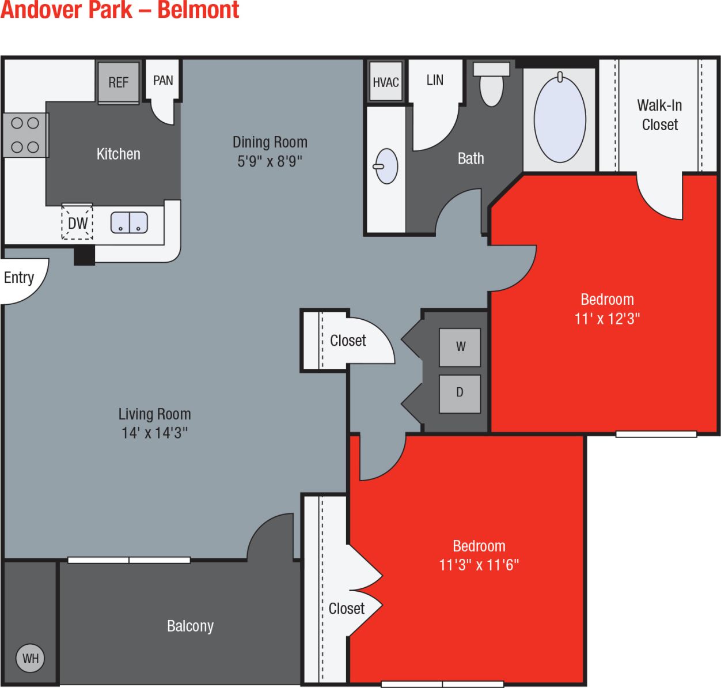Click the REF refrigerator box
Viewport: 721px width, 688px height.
pos(118,82)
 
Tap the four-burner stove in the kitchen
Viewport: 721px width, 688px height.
pos(25,135)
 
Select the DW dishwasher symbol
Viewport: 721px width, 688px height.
pos(77,223)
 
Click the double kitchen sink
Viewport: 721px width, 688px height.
pos(129,222)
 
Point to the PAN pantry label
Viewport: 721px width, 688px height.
pos(163,81)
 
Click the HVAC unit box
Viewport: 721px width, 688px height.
pos(385,82)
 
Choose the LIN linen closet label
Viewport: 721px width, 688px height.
pos(435,80)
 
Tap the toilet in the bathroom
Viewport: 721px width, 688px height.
pos(491,84)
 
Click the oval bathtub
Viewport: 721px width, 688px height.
pos(560,119)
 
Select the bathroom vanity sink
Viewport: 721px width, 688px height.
pos(386,166)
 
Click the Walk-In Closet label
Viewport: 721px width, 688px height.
pos(659,115)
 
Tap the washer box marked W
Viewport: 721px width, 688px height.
pos(460,347)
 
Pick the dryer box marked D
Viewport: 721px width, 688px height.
pos(460,393)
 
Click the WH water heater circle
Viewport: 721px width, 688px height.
pos(31,658)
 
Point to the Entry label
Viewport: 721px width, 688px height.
pos(19,278)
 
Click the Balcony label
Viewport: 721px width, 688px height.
pos(190,626)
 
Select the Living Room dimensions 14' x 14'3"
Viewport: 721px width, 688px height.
pos(154,433)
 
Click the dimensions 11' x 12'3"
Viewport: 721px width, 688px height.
pos(607,319)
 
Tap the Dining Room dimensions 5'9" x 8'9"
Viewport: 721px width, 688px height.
pos(270,161)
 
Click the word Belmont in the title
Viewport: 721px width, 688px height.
pos(198,10)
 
